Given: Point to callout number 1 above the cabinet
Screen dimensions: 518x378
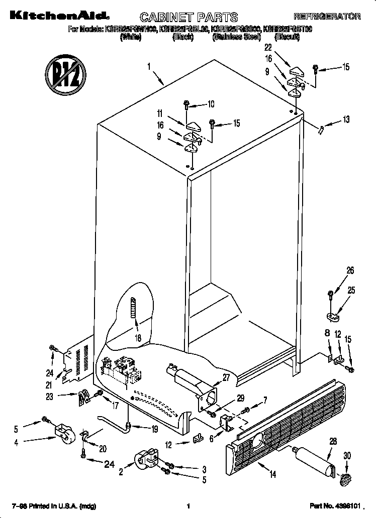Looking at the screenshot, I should coord(149,65).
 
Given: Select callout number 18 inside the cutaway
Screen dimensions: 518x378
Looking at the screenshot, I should coord(138,338).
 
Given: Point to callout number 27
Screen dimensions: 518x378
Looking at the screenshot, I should coord(225,377).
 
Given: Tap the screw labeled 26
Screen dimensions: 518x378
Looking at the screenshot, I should coord(331,293).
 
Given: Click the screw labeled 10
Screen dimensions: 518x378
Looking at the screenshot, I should coord(186,104).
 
